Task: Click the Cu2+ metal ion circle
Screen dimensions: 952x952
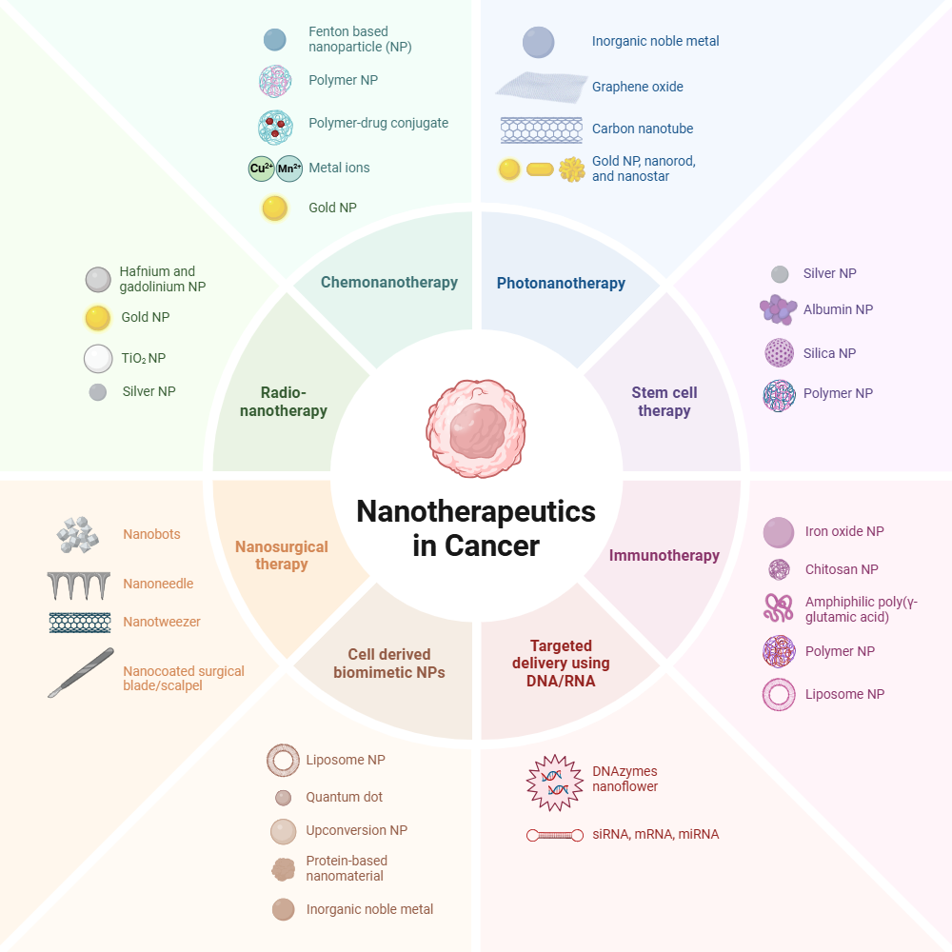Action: (262, 169)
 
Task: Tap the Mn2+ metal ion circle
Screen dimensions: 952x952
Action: (289, 169)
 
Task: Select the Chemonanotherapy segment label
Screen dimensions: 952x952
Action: (389, 283)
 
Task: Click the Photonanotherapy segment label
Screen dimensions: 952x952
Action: (561, 283)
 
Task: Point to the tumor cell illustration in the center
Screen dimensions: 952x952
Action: (476, 428)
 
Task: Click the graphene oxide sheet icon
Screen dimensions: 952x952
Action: (541, 86)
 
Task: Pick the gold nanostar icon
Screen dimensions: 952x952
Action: (572, 169)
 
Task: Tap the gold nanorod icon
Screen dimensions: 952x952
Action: (540, 169)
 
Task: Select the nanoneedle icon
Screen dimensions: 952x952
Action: (79, 585)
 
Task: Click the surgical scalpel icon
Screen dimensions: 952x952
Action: (81, 673)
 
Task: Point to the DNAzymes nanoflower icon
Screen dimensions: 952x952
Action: (554, 783)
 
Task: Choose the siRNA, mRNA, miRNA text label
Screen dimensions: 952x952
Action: (656, 834)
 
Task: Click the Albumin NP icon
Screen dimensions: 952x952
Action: (778, 309)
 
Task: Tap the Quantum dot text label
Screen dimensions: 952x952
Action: (345, 797)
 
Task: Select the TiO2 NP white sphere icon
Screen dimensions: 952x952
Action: (98, 358)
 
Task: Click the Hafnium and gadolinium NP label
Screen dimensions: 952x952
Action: (163, 279)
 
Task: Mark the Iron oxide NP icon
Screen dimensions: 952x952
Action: (779, 532)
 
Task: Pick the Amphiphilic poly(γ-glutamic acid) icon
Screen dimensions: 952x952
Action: (779, 608)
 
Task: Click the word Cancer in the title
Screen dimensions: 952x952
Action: (492, 545)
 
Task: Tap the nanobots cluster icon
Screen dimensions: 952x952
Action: (78, 535)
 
